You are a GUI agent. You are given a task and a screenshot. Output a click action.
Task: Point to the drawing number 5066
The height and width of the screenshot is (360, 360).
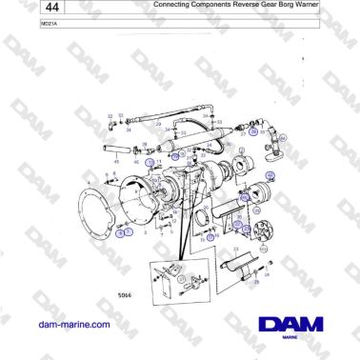pos(124,295)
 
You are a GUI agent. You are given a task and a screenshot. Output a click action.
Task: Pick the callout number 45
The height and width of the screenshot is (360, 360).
pos(116,163)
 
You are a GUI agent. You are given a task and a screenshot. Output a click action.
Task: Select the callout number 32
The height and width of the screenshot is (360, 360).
pos(110,116)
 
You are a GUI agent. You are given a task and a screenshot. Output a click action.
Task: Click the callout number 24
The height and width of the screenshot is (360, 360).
pos(268,275)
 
